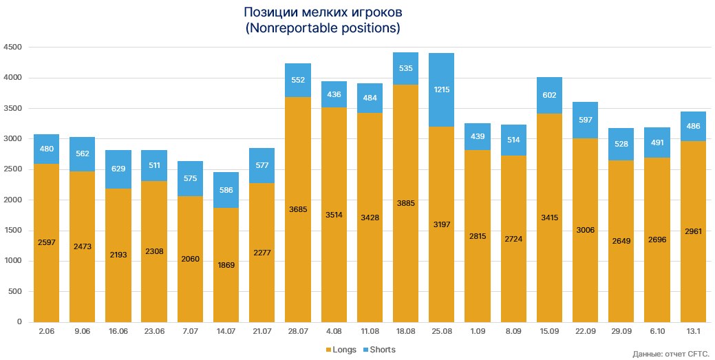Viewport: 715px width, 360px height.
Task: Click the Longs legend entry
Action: tap(340, 350)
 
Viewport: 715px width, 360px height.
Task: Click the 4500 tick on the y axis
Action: tap(13, 47)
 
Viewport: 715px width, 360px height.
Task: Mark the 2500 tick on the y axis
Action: tap(13, 169)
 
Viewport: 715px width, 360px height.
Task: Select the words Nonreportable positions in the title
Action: tap(323, 29)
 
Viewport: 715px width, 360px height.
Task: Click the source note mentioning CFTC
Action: tap(669, 354)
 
